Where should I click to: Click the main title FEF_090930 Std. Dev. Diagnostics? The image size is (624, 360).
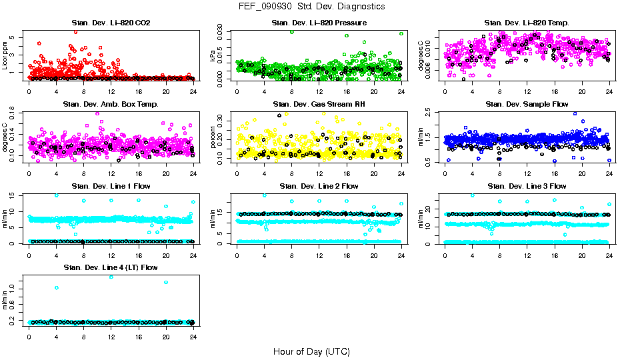point(311,6)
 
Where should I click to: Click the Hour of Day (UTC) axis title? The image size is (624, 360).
point(311,351)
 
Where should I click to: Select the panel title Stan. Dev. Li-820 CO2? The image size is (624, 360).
point(111,23)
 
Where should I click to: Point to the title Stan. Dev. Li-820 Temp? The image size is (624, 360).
point(527,23)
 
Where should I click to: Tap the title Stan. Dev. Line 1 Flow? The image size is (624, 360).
point(111,186)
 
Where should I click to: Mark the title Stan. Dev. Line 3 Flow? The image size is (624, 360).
point(527,186)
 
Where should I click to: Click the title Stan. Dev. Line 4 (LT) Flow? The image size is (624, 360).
point(111,267)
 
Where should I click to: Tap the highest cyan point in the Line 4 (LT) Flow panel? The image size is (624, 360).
point(111,277)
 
